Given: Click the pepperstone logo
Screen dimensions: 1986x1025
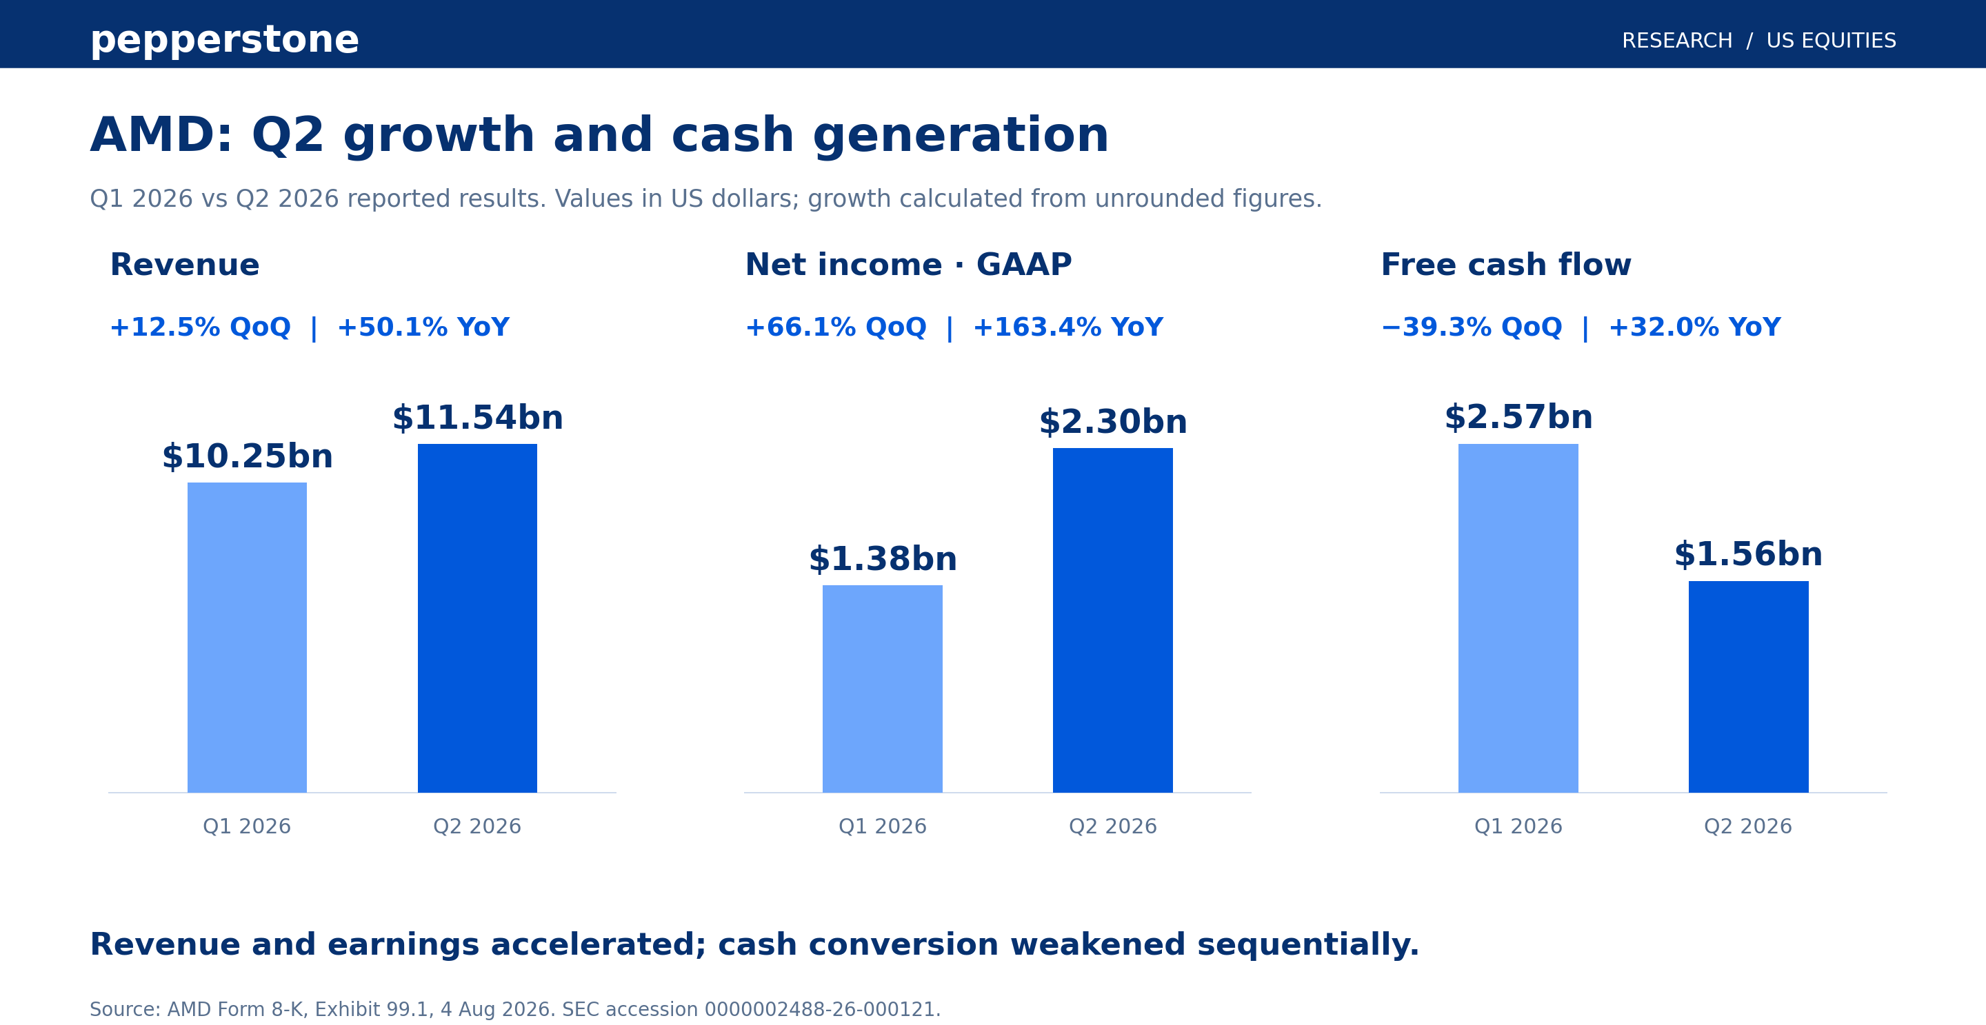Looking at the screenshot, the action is pos(224,40).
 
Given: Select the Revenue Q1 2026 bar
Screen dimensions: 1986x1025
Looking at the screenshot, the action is pos(247,638).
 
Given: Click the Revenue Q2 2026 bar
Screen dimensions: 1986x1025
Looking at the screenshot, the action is pos(477,618).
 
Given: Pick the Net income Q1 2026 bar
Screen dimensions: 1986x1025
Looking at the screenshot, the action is pos(882,689).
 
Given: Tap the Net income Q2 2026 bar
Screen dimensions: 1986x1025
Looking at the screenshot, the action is pos(1112,620).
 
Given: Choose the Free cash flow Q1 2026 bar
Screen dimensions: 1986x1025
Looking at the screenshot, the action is pos(1518,618).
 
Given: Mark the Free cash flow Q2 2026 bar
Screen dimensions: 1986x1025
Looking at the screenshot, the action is pos(1749,687).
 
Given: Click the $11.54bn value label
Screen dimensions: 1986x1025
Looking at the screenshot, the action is pos(478,418).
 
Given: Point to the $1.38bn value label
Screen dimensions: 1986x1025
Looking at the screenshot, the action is pos(883,559).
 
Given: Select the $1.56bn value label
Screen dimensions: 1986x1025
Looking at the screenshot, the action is pos(1749,554).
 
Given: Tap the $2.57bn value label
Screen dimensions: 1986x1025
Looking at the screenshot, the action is pos(1518,417).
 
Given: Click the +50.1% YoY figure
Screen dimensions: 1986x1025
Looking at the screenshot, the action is pos(423,327).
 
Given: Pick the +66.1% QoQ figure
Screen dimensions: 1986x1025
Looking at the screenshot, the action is pos(836,327).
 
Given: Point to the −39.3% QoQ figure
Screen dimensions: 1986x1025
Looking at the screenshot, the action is pos(1472,327).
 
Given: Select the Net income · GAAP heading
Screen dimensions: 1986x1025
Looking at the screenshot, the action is pos(908,265).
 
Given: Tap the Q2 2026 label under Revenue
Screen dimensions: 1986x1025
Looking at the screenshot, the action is pos(477,826).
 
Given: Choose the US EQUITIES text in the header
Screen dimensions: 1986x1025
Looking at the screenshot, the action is pos(1831,41).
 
